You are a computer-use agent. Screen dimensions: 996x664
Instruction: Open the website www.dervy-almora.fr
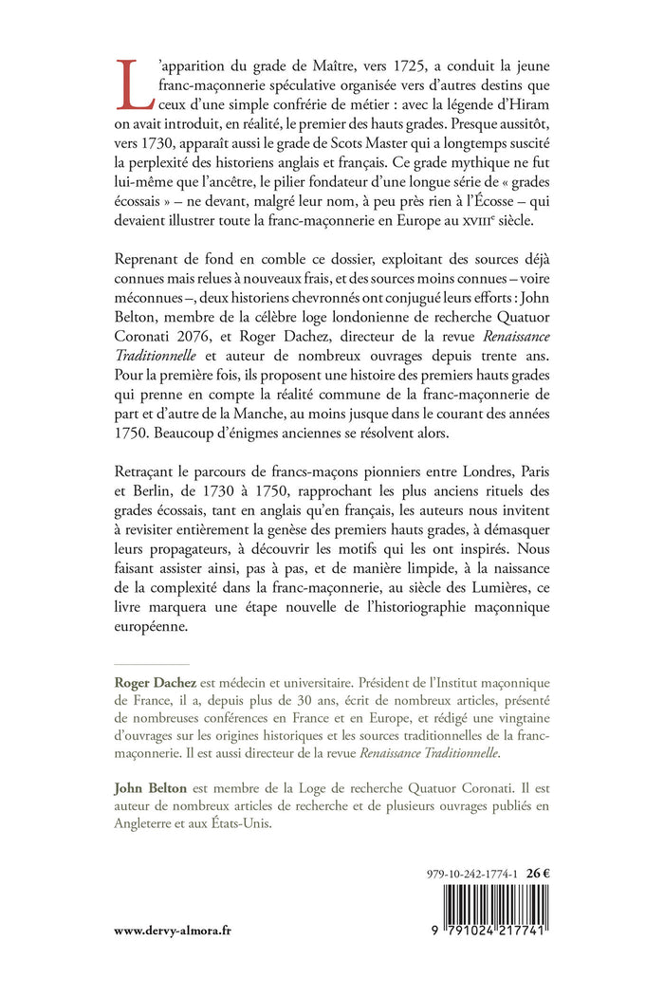174,931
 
